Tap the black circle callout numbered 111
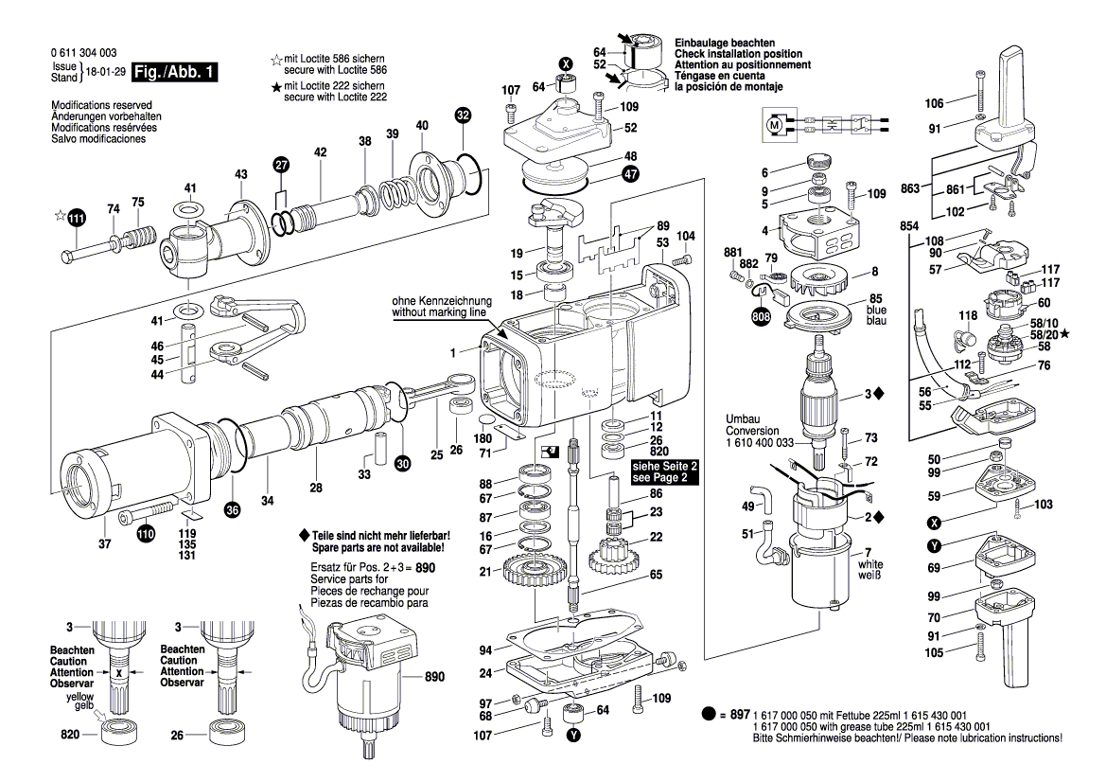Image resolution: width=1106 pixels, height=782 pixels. tap(77, 220)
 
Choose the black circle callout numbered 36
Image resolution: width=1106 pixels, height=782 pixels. tap(233, 510)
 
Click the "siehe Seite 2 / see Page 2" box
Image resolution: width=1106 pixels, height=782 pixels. tap(664, 473)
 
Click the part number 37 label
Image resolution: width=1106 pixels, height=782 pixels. tap(104, 543)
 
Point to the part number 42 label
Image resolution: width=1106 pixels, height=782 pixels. tap(320, 152)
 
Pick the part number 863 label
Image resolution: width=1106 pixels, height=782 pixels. tap(910, 189)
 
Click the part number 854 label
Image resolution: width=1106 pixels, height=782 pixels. tap(909, 226)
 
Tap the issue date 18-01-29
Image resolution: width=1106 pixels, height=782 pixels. tap(105, 73)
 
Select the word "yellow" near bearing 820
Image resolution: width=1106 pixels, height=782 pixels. tap(93, 696)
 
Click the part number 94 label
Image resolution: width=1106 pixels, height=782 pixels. tap(485, 650)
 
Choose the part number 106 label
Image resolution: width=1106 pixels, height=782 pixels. tap(934, 103)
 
